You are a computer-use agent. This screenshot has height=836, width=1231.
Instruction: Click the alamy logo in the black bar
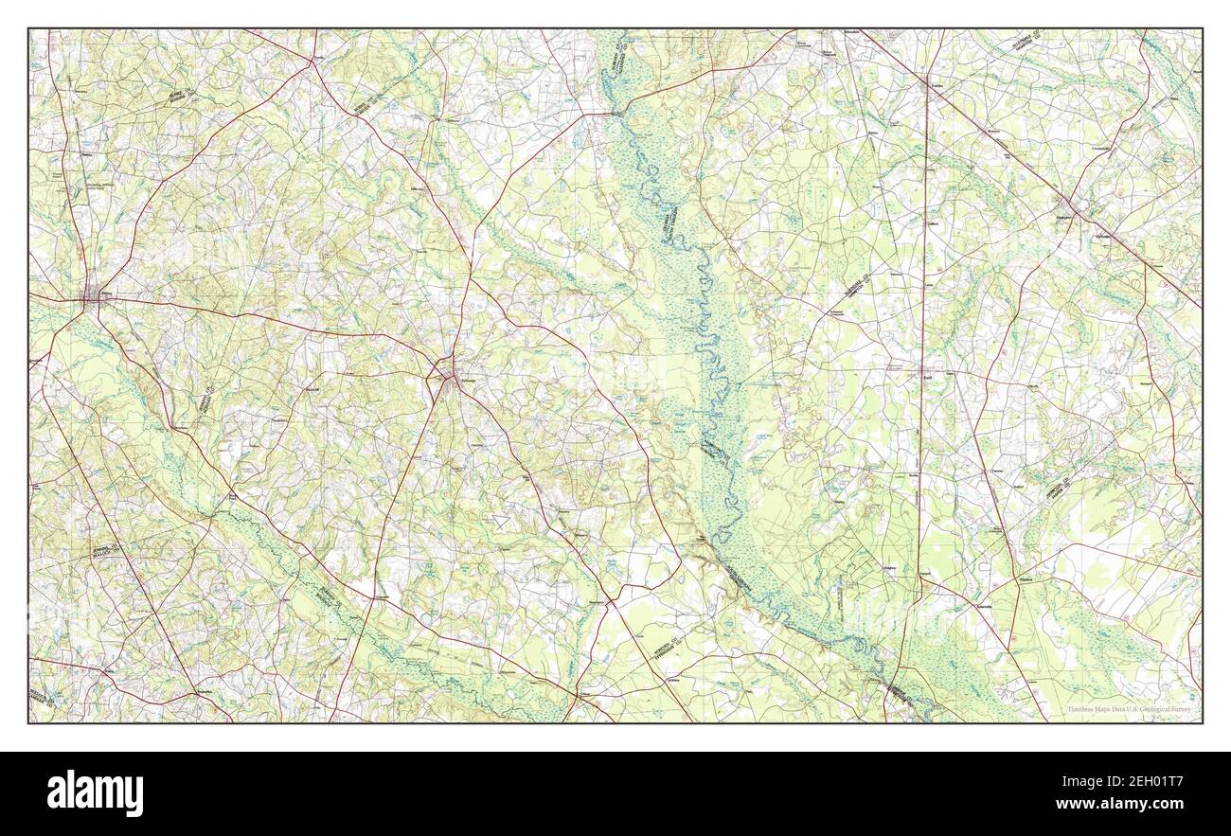point(95,792)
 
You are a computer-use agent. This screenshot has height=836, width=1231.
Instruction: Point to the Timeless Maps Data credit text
point(1129,708)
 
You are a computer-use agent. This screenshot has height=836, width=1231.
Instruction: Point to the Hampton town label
point(1076,216)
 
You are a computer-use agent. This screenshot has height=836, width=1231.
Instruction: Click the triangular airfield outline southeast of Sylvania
point(501,519)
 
